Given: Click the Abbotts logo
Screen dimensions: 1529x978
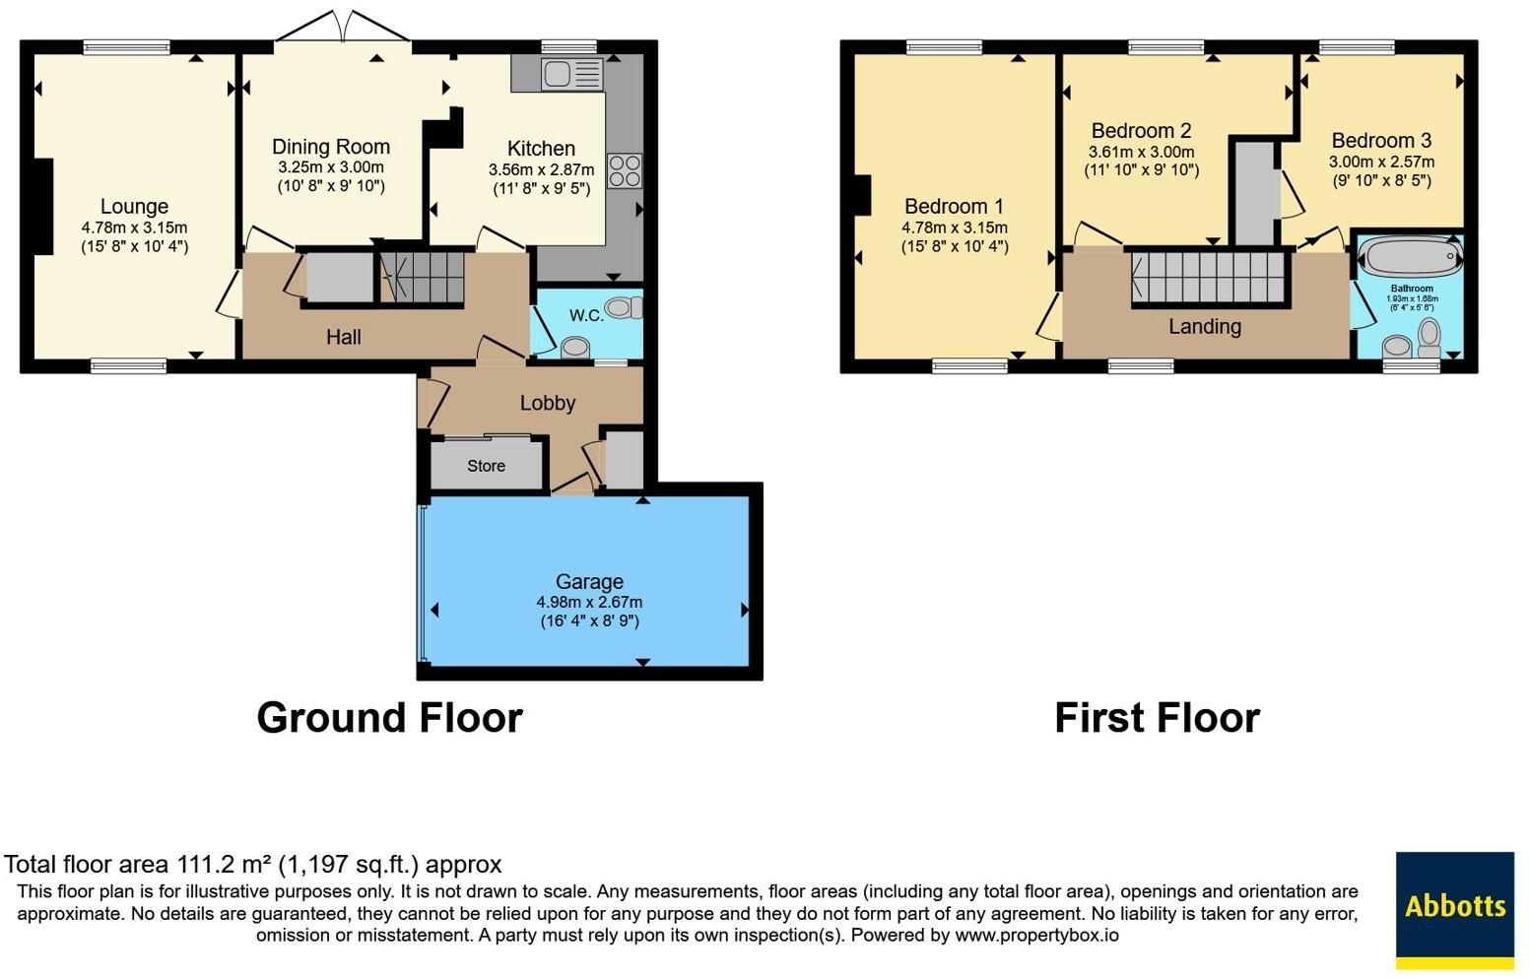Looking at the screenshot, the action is coord(1454,910).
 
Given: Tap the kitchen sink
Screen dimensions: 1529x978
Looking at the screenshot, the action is coord(572,74).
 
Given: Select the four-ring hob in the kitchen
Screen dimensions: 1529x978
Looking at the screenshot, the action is coord(625,170).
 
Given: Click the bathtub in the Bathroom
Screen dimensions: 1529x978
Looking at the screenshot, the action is coord(1411,257).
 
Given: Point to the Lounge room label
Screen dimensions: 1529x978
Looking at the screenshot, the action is coord(134,206).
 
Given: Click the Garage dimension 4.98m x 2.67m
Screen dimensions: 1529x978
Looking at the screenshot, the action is coord(589,602).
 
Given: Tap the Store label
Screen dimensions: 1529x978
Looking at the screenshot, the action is coord(486,466).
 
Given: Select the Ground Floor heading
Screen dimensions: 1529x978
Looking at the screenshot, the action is coord(390,718).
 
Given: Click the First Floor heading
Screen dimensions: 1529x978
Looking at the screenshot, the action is coord(1157,718).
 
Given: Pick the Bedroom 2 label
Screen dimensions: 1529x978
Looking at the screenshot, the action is coord(1141,130).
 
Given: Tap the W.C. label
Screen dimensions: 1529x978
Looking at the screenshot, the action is coord(586,315).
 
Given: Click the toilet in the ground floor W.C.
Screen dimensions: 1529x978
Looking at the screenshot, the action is coord(624,308).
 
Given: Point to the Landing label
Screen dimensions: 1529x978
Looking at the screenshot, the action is coord(1205,326).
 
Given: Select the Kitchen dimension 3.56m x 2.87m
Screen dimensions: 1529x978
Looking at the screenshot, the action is coord(541,169).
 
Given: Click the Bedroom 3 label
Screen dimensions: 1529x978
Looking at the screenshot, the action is coord(1381,140).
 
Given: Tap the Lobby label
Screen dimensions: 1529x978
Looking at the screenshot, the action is coord(548,403).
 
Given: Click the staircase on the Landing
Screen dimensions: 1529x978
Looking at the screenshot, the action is coord(1208,277).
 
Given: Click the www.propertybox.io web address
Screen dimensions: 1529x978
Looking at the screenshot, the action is coord(1036,935).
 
